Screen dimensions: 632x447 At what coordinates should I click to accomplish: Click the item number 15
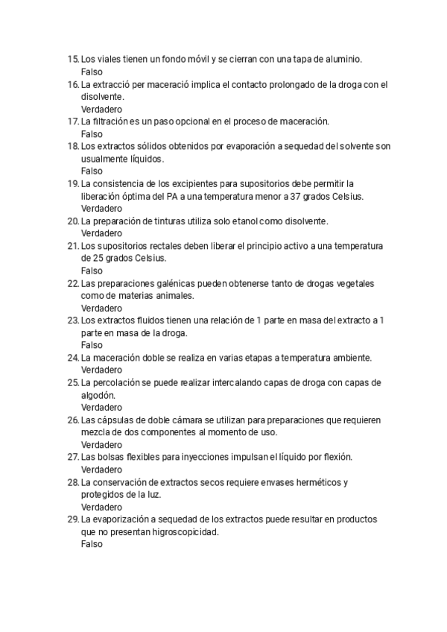tap(72, 59)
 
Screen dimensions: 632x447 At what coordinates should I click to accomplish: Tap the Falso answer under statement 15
tap(92, 72)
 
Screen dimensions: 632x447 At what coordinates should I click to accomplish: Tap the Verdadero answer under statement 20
tap(101, 233)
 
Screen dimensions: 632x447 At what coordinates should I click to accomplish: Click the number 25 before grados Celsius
tap(87, 258)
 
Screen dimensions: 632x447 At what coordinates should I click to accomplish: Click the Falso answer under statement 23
tap(92, 345)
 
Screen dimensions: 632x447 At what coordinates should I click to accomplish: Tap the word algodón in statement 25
tap(98, 395)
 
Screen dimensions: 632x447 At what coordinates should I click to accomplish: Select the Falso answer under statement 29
tap(92, 544)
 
